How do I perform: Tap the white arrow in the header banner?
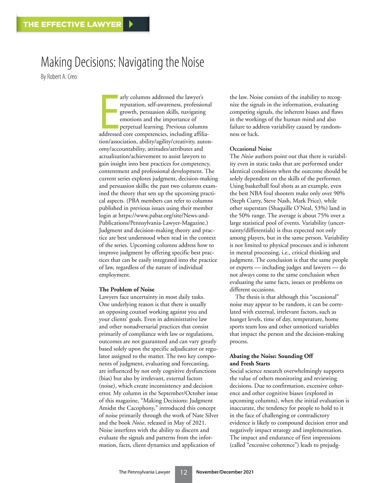point(131,24)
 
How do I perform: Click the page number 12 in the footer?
point(183,472)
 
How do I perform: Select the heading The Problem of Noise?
point(127,289)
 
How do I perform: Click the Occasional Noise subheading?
point(250,149)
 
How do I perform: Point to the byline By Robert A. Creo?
point(59,77)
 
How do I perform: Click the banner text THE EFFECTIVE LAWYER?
point(72,24)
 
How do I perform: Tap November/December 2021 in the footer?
point(224,472)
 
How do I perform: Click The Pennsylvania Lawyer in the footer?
point(144,472)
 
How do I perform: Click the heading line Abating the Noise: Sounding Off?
point(271,356)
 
